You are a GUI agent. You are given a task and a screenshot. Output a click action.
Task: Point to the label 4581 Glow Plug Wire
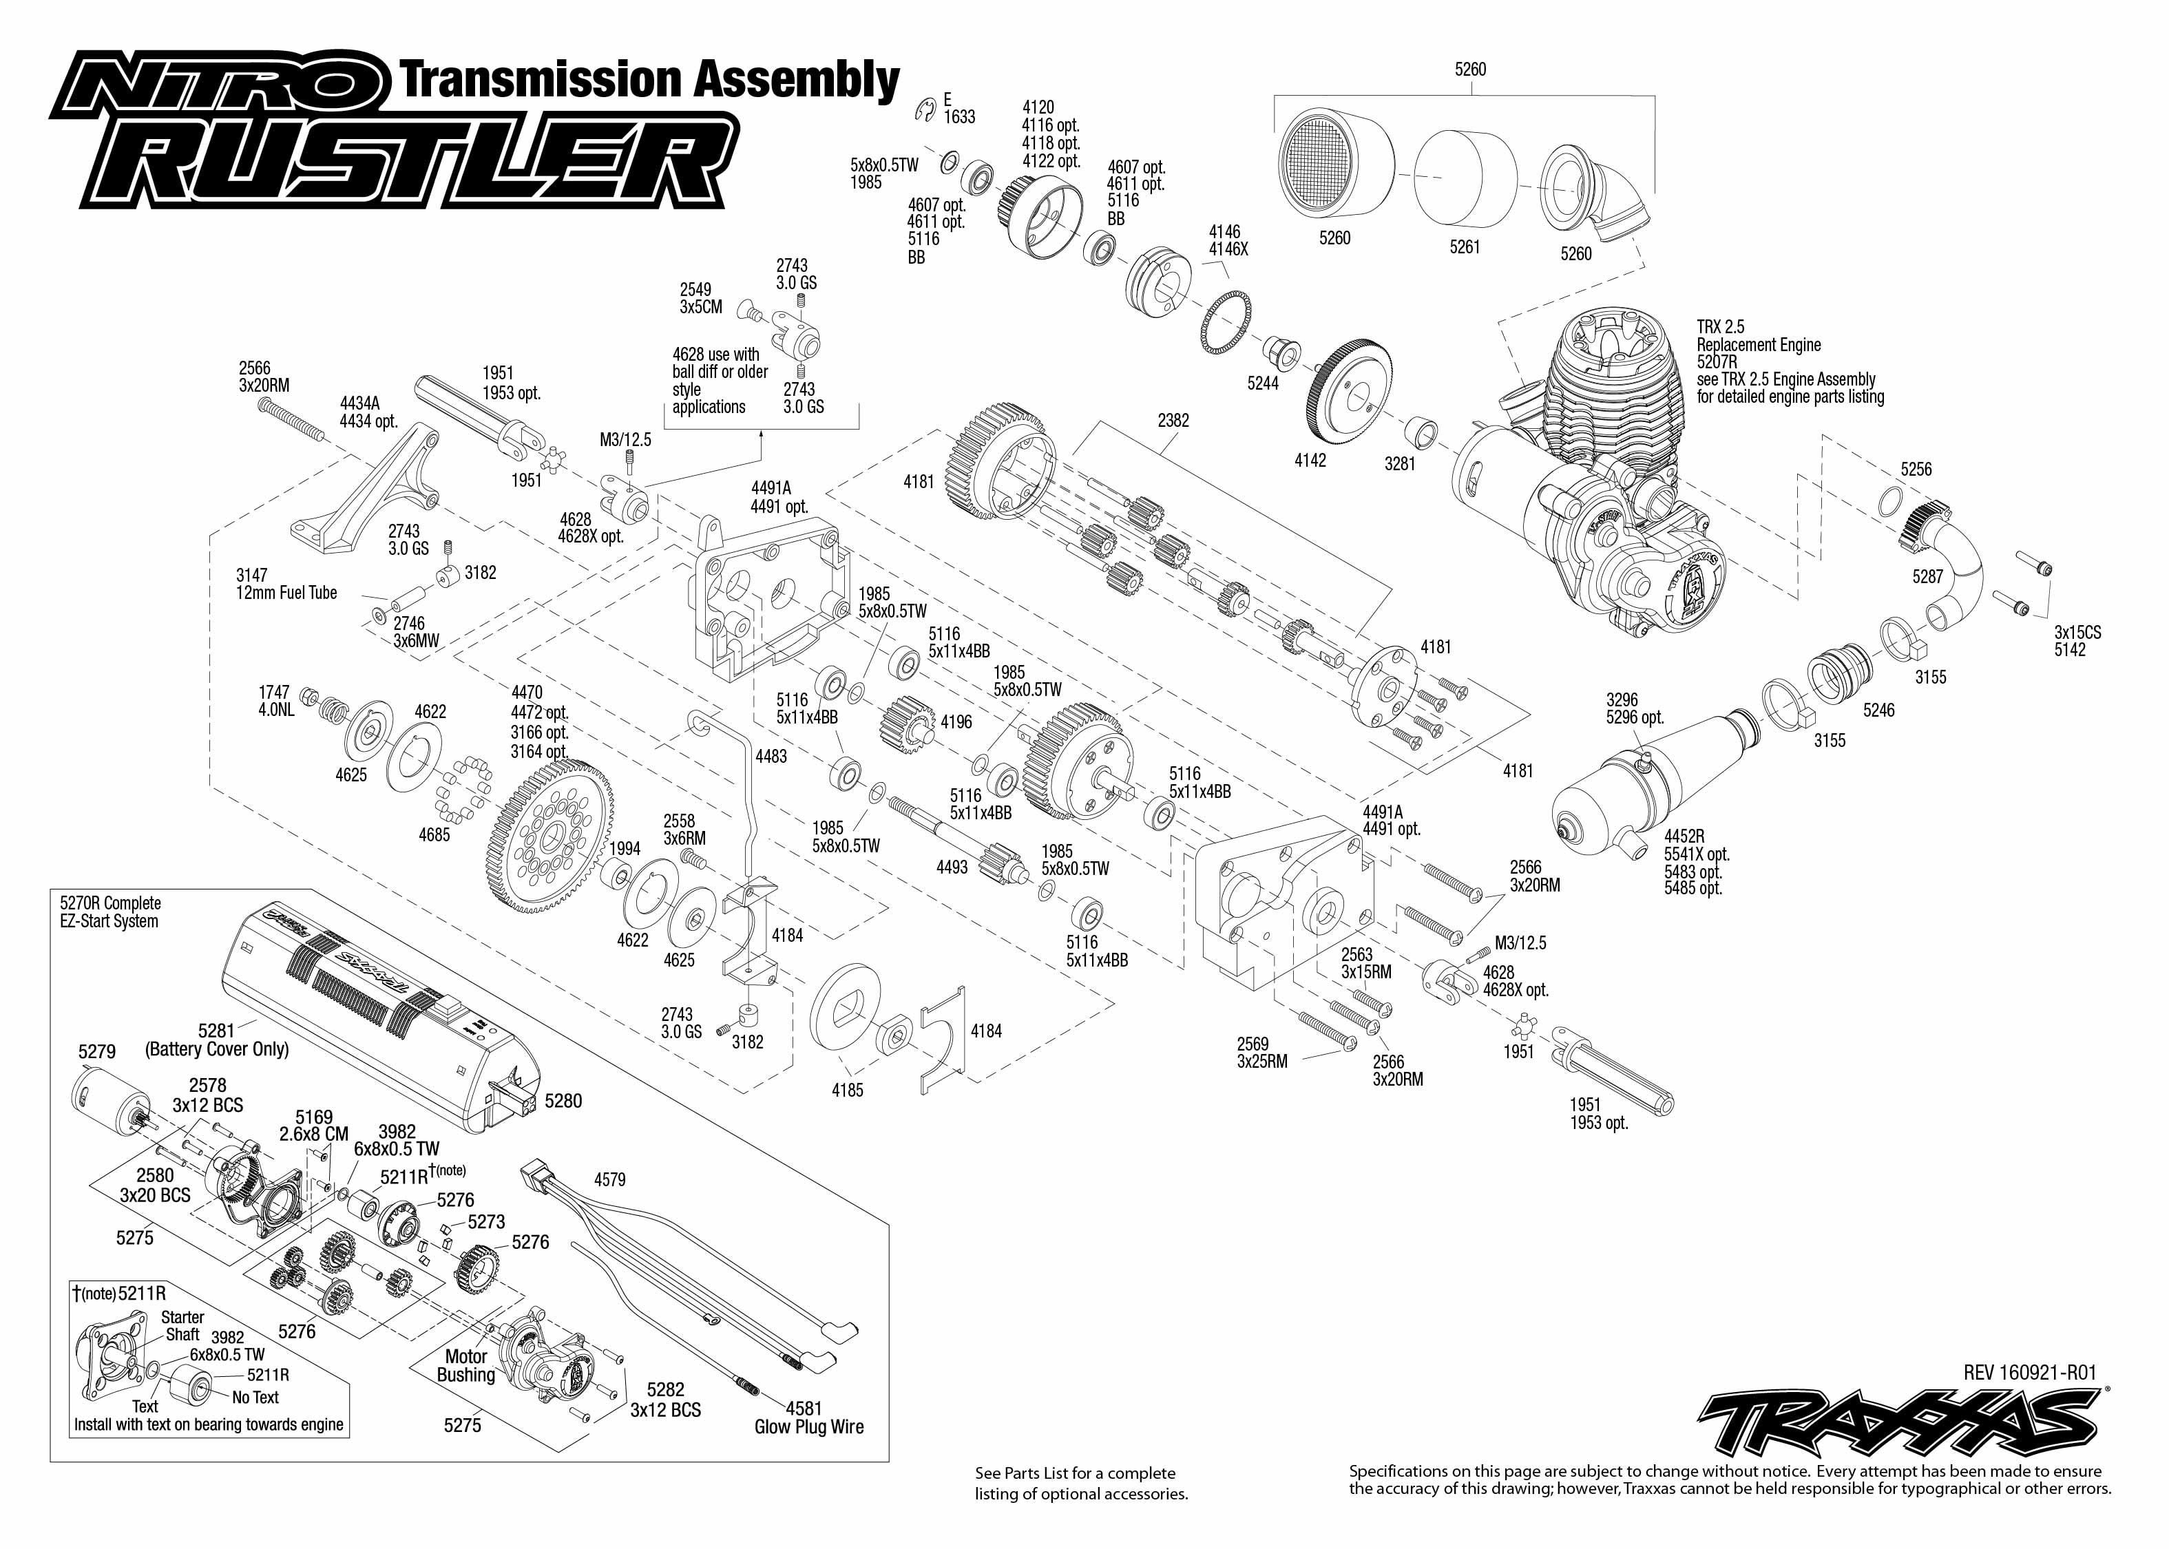click(x=809, y=1418)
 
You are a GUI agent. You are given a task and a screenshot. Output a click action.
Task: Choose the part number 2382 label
click(x=1173, y=420)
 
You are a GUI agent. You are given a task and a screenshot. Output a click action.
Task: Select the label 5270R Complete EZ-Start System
click(x=109, y=912)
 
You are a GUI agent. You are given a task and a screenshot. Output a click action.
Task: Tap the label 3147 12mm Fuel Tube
click(x=286, y=584)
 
